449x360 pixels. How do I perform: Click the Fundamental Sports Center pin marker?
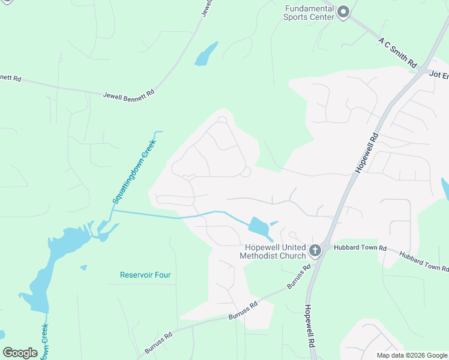[343, 11]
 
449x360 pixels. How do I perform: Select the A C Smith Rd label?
[397, 52]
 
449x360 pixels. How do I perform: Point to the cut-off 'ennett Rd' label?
[10, 78]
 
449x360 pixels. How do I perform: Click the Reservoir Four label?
[145, 275]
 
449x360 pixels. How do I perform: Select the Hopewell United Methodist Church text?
[273, 252]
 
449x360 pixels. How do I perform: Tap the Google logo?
[20, 353]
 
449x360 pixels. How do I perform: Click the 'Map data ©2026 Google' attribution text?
[411, 355]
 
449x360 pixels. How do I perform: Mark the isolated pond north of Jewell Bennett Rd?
[206, 54]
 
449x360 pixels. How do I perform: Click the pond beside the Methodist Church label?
[258, 227]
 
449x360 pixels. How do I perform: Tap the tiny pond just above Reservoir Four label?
[83, 267]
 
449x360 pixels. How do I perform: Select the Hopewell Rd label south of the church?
[309, 326]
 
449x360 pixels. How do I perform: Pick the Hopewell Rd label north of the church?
[367, 153]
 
